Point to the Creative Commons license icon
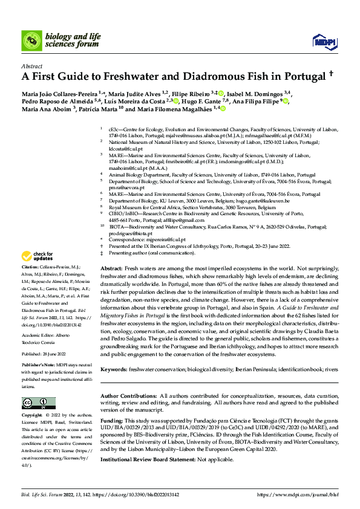(x=35, y=403)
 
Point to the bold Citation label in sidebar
(x=30, y=284)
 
